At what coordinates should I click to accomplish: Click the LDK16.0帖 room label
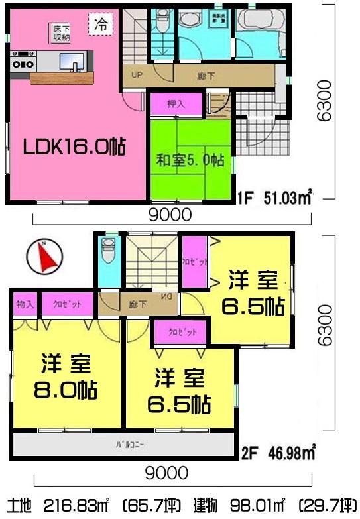click(76, 146)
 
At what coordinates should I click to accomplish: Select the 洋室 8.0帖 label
click(65, 376)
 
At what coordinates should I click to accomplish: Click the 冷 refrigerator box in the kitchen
click(101, 25)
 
